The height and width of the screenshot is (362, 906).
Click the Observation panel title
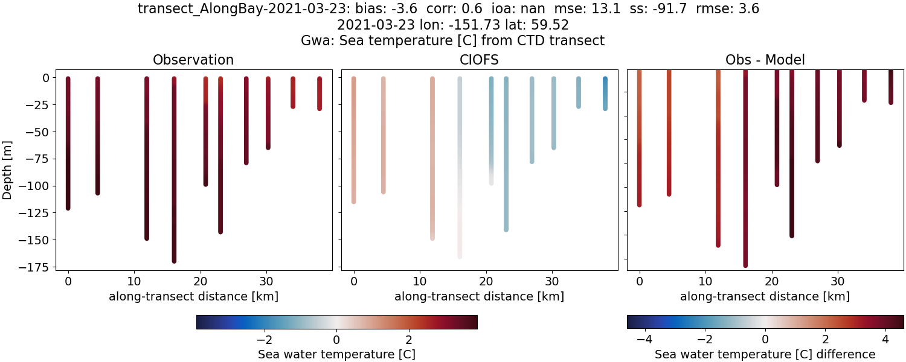pos(193,60)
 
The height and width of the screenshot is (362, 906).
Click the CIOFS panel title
pos(479,60)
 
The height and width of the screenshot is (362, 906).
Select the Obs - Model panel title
pos(765,60)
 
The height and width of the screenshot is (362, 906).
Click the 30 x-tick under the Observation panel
pos(266,282)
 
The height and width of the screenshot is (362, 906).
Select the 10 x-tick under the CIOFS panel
pos(420,282)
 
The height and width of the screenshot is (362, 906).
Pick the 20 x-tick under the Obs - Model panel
pos(771,282)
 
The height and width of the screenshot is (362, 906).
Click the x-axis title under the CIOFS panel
pos(479,296)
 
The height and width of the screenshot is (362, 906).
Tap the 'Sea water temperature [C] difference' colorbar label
pos(765,354)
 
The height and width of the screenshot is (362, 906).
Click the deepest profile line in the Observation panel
pos(174,181)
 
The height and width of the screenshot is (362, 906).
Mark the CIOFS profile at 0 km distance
pos(353,139)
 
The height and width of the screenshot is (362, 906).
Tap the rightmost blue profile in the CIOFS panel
pos(605,94)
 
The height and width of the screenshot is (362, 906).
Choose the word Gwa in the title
pos(315,40)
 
